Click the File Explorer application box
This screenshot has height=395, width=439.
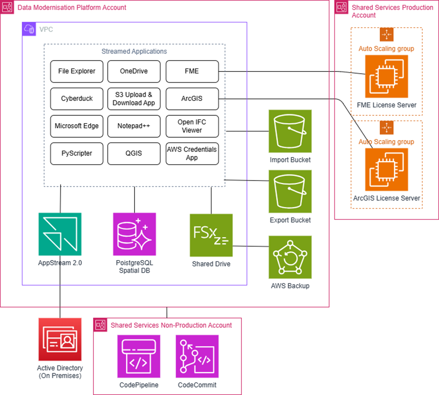[77, 71]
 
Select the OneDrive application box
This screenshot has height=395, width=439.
[134, 71]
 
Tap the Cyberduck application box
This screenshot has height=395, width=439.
[77, 99]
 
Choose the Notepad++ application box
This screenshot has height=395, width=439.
[134, 126]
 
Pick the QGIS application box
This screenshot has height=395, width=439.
[134, 154]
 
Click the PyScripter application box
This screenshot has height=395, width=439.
[77, 154]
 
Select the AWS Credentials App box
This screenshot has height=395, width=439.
[192, 154]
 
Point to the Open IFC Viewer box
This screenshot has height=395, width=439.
[192, 126]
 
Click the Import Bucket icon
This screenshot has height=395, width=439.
[290, 131]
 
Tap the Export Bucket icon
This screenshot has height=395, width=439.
[290, 191]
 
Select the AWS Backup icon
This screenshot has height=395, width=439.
[290, 257]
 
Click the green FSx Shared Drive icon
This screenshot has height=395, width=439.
[211, 235]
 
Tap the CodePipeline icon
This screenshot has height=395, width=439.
[139, 356]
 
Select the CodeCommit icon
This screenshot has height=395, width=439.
[197, 356]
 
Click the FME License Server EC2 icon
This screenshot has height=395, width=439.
[387, 77]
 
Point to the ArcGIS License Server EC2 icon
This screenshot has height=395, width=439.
[387, 170]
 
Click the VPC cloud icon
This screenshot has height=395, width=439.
[29, 29]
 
